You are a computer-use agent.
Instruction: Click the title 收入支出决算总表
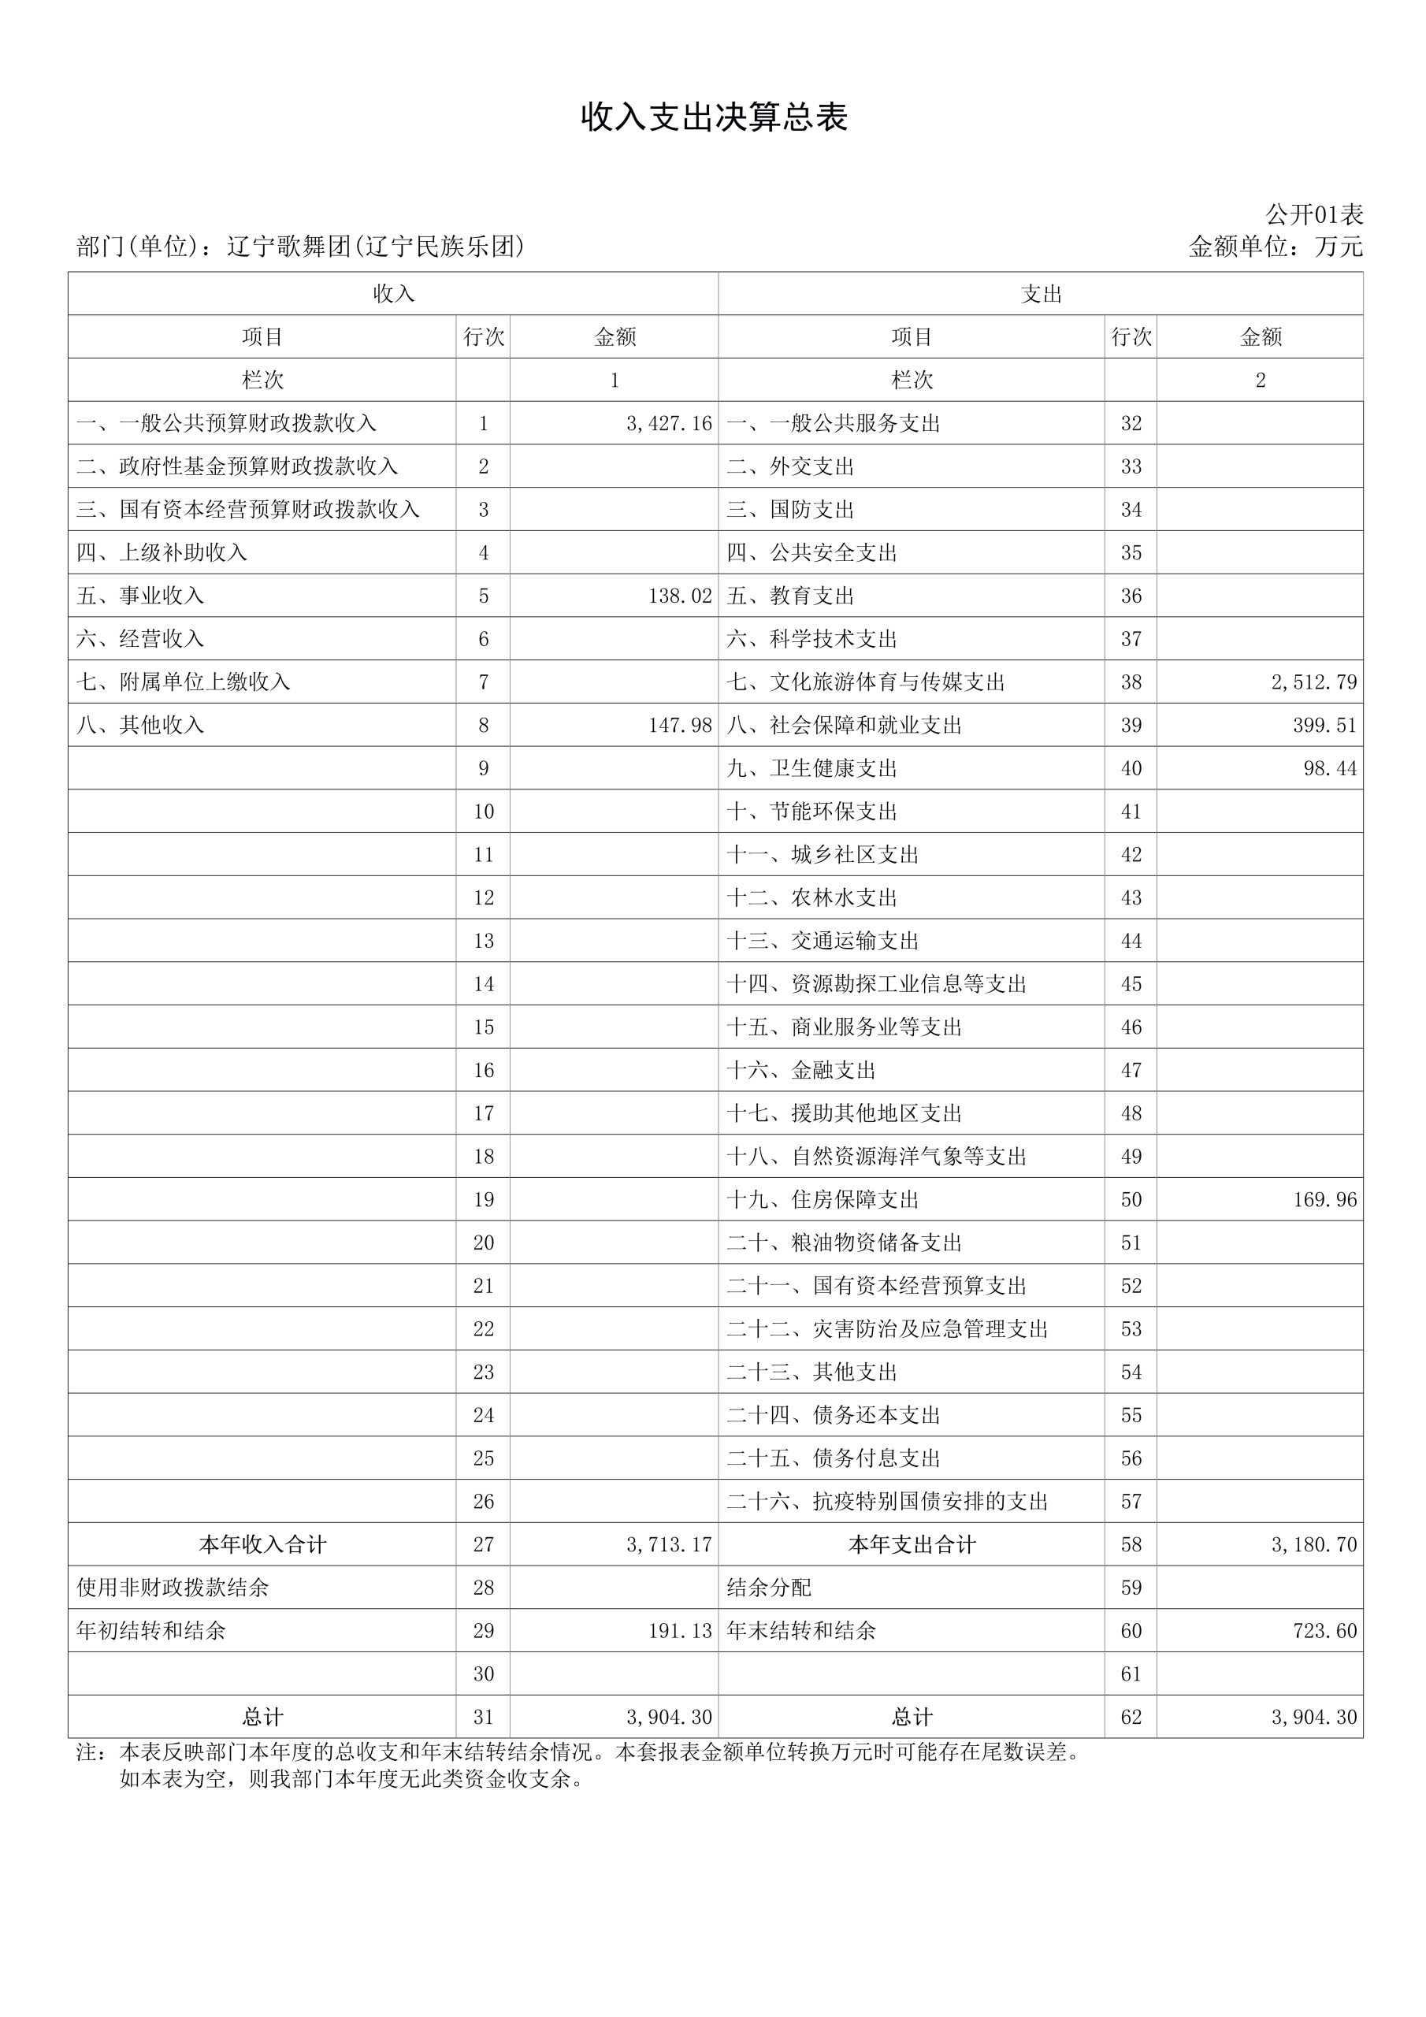(714, 117)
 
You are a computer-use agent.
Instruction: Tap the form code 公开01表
(1313, 214)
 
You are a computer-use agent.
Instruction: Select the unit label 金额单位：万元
(1275, 247)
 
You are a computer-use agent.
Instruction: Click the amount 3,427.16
(669, 423)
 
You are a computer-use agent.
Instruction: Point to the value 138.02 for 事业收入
(680, 596)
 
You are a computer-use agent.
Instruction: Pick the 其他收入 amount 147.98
(680, 725)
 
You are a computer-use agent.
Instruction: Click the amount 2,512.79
(1313, 682)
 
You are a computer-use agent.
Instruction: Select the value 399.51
(1325, 725)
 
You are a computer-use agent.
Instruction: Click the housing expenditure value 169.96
(1325, 1199)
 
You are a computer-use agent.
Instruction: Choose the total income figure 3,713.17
(669, 1544)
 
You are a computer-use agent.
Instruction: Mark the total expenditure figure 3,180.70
(1313, 1544)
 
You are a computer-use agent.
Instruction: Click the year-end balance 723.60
(1325, 1630)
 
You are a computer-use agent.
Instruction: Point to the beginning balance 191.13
(680, 1630)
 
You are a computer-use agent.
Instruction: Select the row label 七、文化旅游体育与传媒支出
(865, 682)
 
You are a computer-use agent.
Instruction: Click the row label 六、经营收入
(140, 639)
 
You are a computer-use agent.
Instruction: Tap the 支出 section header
(1042, 293)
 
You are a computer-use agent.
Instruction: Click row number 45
(1131, 984)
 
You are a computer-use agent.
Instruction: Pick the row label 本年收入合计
(262, 1544)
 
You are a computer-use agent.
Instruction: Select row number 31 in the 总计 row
(483, 1717)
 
